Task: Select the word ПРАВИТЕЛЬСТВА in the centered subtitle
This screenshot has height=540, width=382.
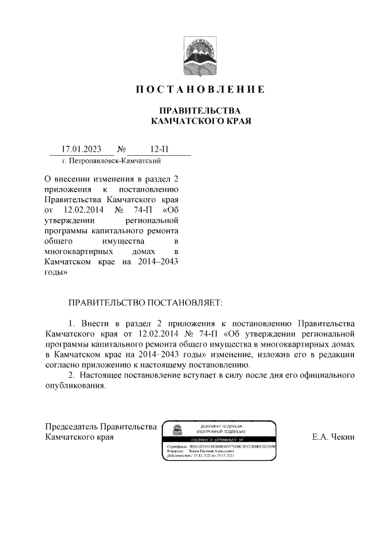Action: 198,111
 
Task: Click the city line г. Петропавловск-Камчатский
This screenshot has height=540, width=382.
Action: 112,161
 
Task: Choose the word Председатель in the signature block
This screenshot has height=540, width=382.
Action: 71,426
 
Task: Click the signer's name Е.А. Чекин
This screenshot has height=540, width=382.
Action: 333,437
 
